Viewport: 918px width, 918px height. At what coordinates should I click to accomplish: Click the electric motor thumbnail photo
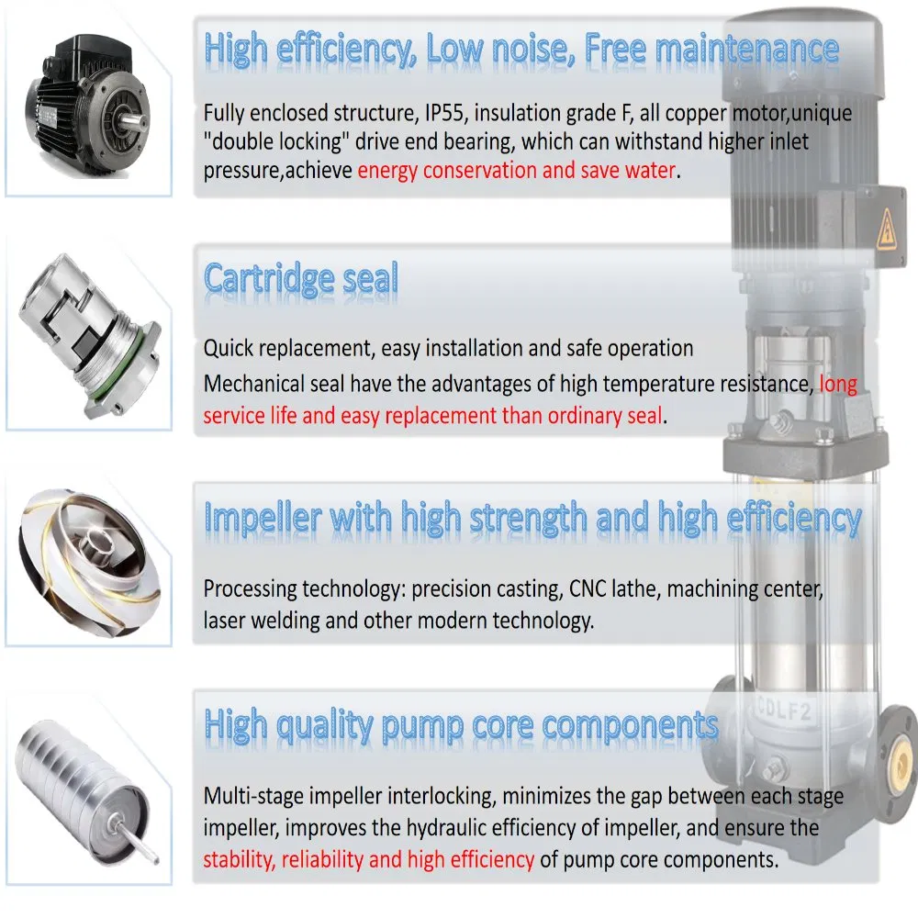coord(87,106)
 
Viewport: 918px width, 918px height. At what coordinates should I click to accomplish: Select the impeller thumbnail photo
coord(89,563)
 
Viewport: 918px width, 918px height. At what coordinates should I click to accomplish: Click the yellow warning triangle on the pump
coord(887,229)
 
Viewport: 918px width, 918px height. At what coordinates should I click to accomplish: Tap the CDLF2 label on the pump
coord(783,709)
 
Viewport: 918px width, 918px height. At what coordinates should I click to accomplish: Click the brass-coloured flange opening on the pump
coord(901,759)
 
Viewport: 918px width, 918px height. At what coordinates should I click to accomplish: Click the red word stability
coord(239,859)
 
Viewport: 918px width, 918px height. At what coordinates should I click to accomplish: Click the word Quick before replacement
coord(228,349)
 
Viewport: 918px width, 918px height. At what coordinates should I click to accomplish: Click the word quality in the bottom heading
coord(324,726)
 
